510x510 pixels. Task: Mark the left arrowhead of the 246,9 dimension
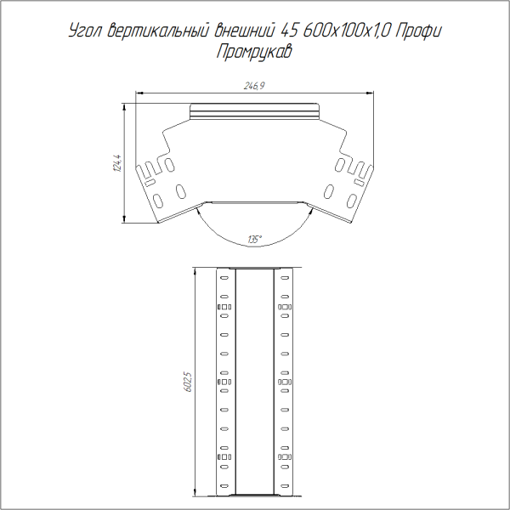click(142, 93)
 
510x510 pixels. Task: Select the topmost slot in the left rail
click(224, 277)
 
